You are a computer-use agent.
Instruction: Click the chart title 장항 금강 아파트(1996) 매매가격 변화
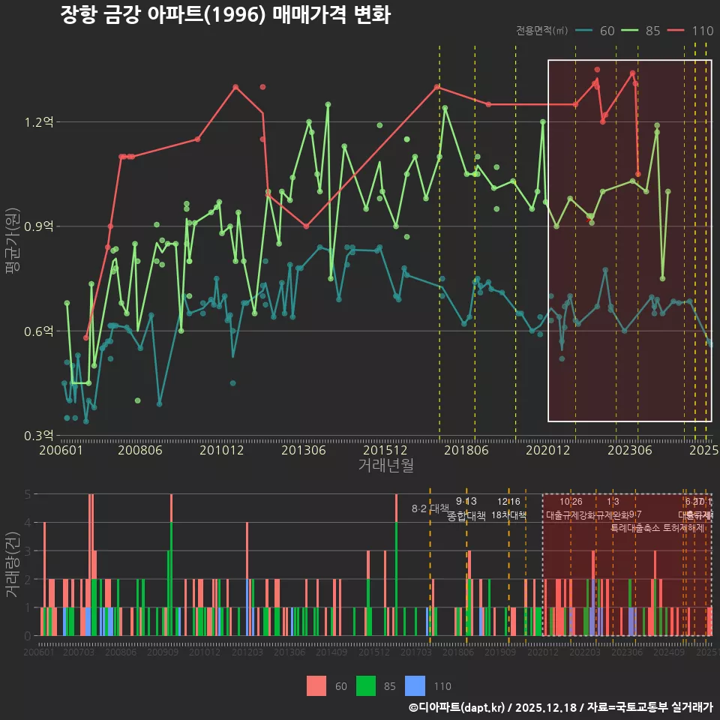click(225, 15)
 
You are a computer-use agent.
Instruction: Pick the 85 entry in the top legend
click(643, 31)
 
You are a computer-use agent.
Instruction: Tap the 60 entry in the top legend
click(598, 31)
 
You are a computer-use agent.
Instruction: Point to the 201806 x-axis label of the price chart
click(466, 450)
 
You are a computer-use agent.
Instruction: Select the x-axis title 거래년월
click(385, 465)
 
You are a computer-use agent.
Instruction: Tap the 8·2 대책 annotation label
click(430, 509)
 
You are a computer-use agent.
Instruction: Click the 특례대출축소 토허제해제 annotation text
click(657, 527)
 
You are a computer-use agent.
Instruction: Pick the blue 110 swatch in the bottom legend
click(414, 685)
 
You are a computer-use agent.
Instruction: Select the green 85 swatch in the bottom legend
click(365, 685)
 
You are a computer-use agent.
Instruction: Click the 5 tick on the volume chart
click(27, 494)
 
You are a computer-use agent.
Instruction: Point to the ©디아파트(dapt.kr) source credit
click(458, 707)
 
